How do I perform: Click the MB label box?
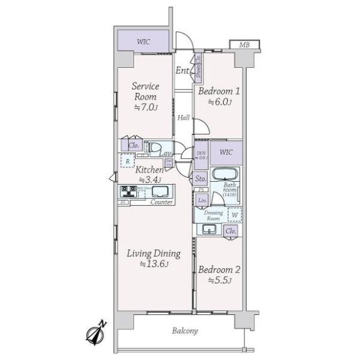coord(245,45)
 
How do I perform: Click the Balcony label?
coord(185,331)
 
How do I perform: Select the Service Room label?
coord(145,97)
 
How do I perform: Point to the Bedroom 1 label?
coord(219,96)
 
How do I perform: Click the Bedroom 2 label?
coord(219,274)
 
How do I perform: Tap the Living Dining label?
coord(153,259)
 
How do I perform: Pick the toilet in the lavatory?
coord(155,147)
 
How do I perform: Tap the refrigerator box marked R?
coord(127,161)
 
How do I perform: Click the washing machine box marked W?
coord(235,214)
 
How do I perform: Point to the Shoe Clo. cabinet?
coord(198,67)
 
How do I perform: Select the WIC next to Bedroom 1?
coord(226,152)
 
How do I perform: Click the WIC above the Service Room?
coord(143,41)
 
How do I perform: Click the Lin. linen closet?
coord(202,199)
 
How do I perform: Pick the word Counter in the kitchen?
coord(161,202)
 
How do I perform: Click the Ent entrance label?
coord(182,71)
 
